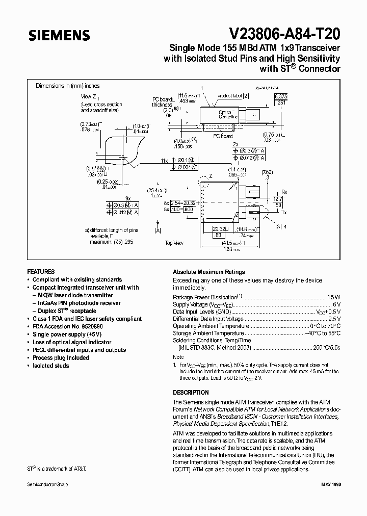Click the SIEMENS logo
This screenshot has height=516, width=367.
click(59, 36)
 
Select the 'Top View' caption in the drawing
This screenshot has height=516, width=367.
click(174, 243)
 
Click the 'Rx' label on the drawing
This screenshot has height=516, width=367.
click(284, 192)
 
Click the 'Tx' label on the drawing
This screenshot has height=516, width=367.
click(284, 212)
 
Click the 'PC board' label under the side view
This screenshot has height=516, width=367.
click(223, 136)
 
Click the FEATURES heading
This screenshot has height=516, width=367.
click(41, 272)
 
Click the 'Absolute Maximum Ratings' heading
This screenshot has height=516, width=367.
click(209, 272)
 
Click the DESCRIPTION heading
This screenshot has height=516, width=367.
click(191, 393)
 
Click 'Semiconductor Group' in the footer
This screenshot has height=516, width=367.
click(47, 484)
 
